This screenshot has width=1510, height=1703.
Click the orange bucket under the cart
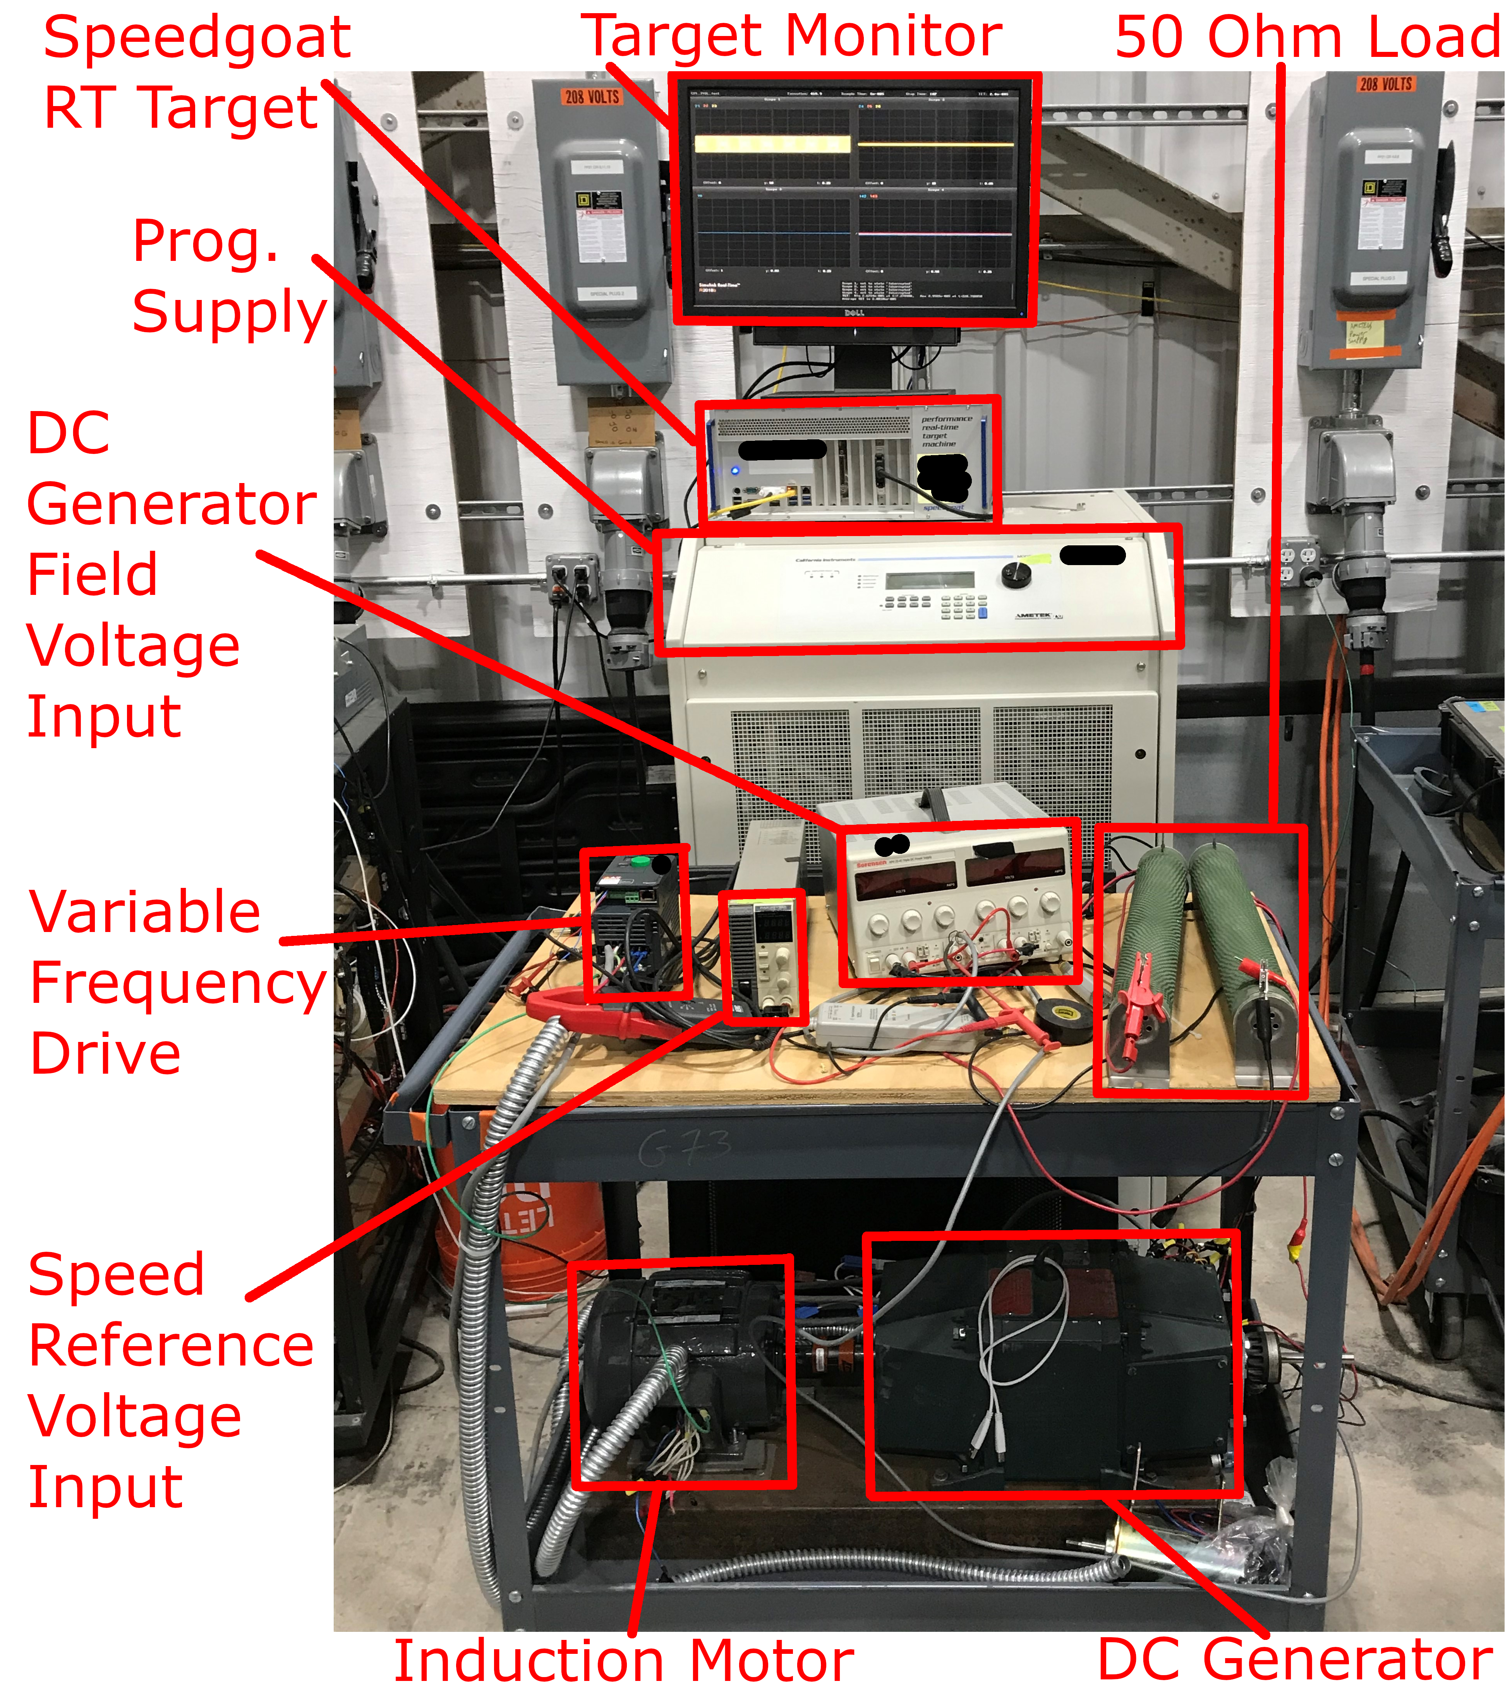(x=533, y=1233)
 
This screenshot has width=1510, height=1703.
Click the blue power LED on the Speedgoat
(x=735, y=471)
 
